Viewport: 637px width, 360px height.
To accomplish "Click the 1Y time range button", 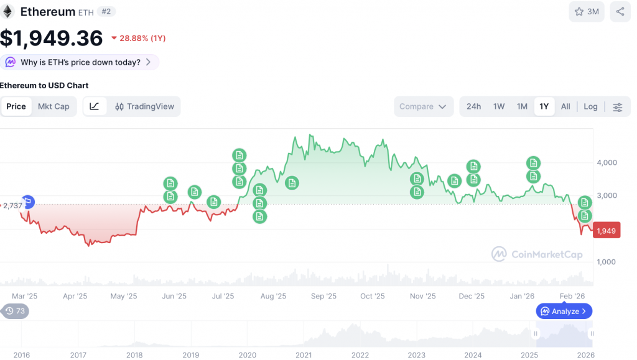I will [544, 106].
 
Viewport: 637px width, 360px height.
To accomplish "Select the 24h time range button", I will [473, 106].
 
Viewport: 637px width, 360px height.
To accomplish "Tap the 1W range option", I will [499, 106].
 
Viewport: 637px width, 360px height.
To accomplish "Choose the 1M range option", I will [522, 106].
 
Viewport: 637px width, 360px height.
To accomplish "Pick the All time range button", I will [565, 106].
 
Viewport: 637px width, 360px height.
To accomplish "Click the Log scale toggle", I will [590, 106].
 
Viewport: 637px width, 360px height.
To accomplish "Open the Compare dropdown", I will [423, 106].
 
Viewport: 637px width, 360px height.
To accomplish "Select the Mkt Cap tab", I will [53, 106].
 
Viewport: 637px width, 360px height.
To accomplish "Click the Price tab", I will [16, 106].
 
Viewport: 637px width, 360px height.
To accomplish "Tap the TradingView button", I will [144, 106].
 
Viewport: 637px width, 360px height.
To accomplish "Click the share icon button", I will [620, 11].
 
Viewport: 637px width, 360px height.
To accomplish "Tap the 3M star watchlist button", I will [587, 11].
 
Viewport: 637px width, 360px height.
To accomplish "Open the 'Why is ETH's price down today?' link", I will [79, 62].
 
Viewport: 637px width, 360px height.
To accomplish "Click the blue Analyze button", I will [564, 311].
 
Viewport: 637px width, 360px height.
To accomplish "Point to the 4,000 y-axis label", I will [607, 163].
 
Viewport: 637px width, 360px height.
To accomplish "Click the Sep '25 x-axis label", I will [323, 296].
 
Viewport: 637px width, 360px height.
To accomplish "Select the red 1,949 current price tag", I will [607, 231].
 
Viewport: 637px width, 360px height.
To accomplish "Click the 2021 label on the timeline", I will [304, 355].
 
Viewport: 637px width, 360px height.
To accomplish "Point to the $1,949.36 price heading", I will [52, 39].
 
